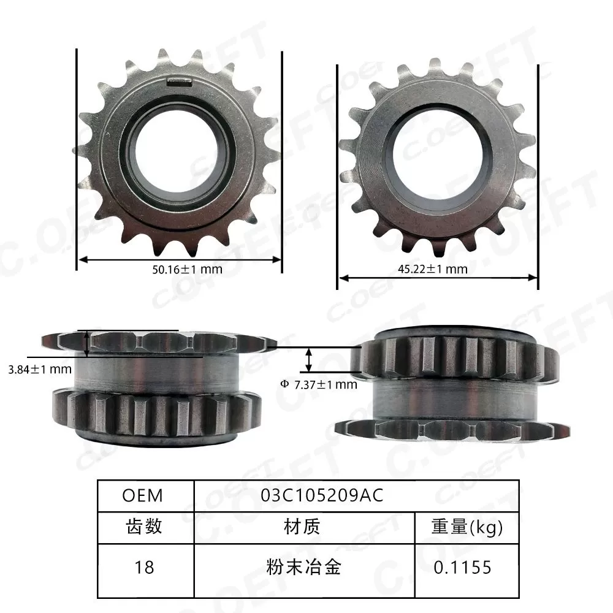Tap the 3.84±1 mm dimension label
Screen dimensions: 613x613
pos(37,369)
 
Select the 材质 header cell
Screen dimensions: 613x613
pos(302,526)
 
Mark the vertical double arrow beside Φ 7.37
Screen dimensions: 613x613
pos(310,359)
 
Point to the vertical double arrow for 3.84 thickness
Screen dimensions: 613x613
pos(88,343)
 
